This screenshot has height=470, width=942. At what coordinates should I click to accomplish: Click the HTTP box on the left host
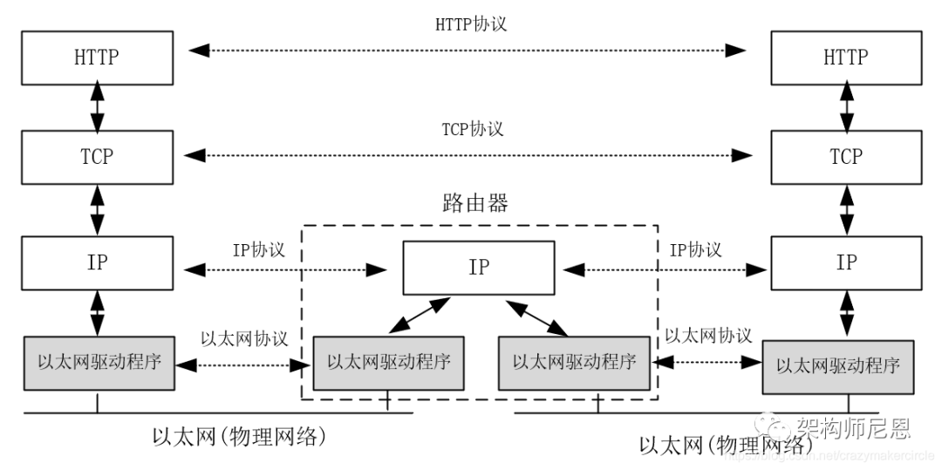[x=96, y=58]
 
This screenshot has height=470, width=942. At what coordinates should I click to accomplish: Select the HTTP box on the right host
[x=845, y=58]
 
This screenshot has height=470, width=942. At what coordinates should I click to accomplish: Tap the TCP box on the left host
[x=96, y=157]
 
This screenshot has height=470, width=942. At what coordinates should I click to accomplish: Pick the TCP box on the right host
[x=845, y=157]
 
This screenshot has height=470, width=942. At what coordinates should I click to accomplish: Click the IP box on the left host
[x=96, y=262]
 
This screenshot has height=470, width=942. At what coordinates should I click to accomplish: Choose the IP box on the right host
[x=845, y=262]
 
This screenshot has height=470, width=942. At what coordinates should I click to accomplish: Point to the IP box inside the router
[x=478, y=268]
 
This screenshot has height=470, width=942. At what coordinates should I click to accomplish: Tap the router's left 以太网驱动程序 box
[x=388, y=362]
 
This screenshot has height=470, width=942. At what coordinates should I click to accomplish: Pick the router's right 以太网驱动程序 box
[x=574, y=362]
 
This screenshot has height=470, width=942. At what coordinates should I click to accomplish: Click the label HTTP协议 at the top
[x=471, y=24]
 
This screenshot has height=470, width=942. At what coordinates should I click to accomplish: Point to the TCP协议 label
[x=472, y=129]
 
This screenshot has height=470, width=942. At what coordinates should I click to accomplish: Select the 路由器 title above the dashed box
[x=475, y=204]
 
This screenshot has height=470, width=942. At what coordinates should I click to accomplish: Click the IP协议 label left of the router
[x=258, y=249]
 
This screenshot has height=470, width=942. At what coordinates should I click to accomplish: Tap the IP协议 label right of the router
[x=695, y=249]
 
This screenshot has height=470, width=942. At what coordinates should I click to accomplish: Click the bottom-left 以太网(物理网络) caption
[x=238, y=435]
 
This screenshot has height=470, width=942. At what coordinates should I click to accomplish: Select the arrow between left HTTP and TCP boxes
[x=96, y=108]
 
